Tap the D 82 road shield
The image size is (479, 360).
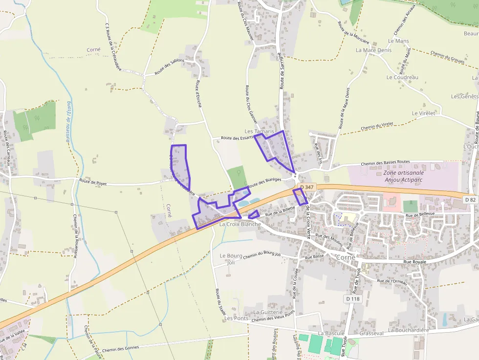pyautogui.click(x=470, y=199)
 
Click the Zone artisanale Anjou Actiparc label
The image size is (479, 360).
pyautogui.click(x=403, y=176)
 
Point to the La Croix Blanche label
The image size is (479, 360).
pyautogui.click(x=240, y=224)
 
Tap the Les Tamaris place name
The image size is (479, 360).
pyautogui.click(x=260, y=131)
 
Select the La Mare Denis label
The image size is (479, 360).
pyautogui.click(x=373, y=50)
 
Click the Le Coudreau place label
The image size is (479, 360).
pyautogui.click(x=402, y=77)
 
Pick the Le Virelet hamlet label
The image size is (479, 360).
pyautogui.click(x=423, y=113)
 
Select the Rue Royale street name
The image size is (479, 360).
pyautogui.click(x=414, y=262)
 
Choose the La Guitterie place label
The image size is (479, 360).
pyautogui.click(x=268, y=312)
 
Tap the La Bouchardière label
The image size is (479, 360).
pyautogui.click(x=408, y=330)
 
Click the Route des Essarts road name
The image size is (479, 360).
pyautogui.click(x=238, y=138)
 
